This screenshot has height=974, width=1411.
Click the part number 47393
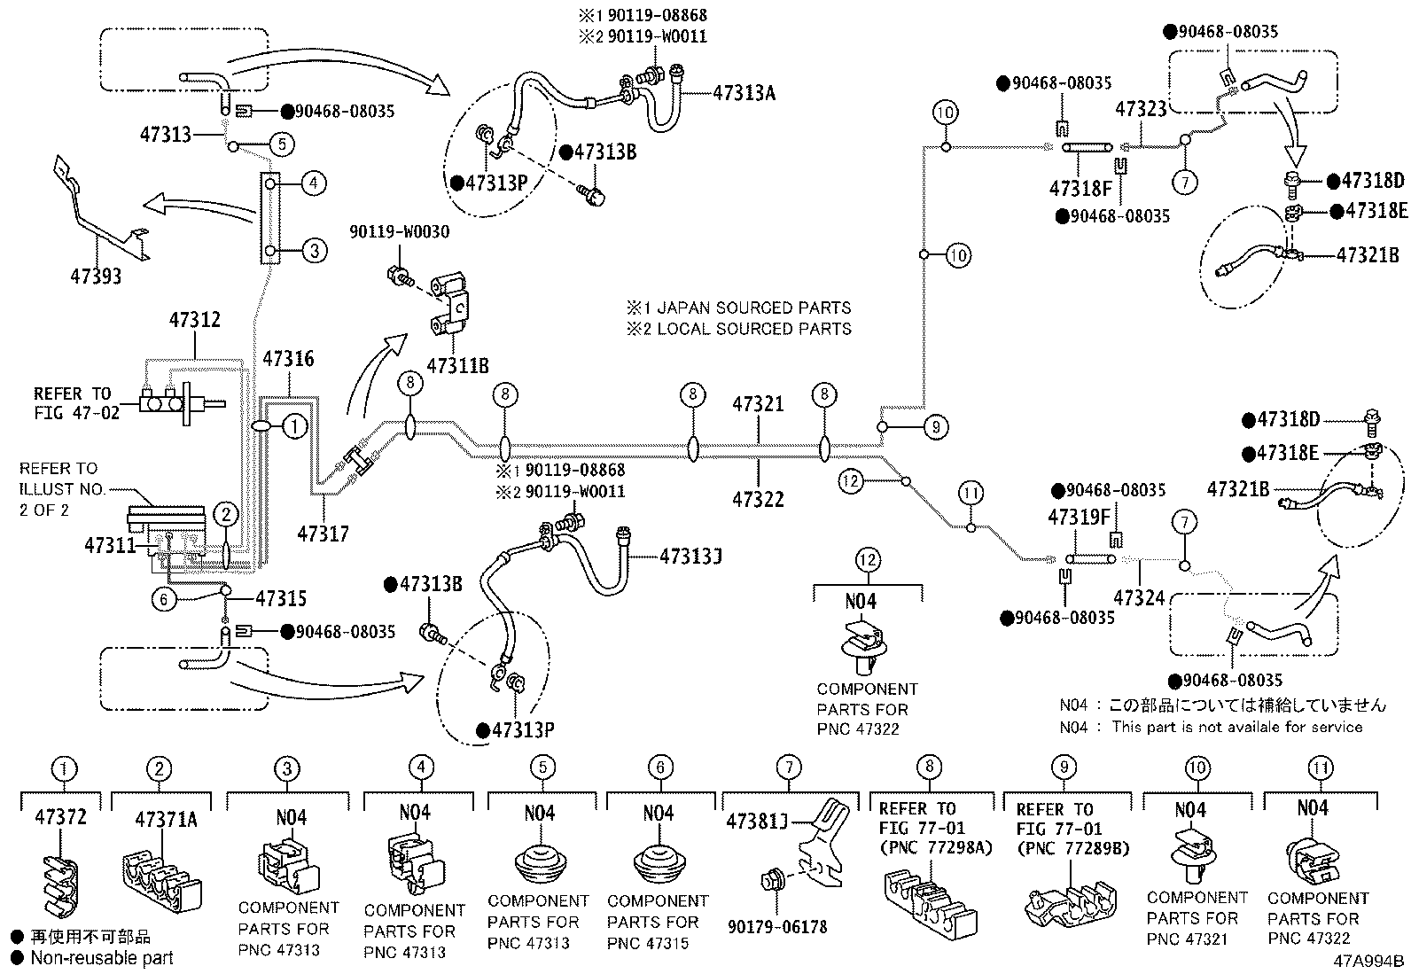point(96,276)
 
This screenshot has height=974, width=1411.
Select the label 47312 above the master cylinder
point(195,320)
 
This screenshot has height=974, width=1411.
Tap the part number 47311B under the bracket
point(458,366)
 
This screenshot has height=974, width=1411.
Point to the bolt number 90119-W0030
point(400,232)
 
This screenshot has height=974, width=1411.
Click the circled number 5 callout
point(282,144)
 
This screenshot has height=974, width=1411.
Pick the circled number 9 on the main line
point(936,427)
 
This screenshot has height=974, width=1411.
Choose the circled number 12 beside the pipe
point(850,481)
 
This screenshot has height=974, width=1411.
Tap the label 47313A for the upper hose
point(744,94)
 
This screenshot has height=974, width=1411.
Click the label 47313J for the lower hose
point(690,557)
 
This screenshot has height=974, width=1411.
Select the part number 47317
point(324,534)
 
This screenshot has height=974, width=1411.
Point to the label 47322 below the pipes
point(758,500)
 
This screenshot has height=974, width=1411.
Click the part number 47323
point(1141,110)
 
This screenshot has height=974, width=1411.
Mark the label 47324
point(1139,598)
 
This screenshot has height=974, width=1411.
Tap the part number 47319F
point(1079,518)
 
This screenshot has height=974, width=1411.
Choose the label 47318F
point(1080,189)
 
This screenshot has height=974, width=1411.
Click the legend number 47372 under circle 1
point(60,817)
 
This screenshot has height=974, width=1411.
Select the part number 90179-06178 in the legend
point(777,927)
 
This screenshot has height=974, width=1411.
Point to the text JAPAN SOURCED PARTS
point(754,308)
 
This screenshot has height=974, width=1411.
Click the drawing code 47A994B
point(1368,962)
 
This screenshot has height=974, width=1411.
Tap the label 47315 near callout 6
point(281,598)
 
